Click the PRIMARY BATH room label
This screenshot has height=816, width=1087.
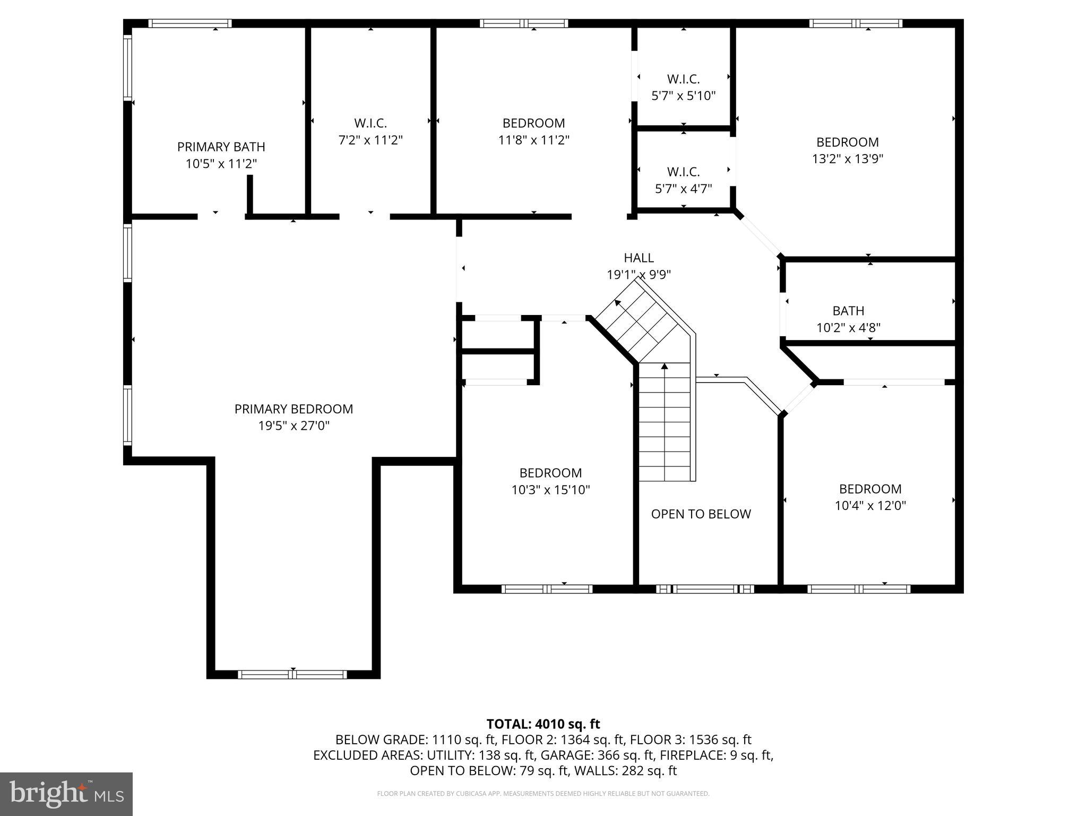tap(221, 147)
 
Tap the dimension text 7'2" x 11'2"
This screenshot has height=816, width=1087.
tap(370, 140)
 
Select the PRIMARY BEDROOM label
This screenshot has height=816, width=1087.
tap(294, 409)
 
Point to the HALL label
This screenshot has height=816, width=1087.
tap(639, 258)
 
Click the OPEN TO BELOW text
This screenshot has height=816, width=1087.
tap(701, 514)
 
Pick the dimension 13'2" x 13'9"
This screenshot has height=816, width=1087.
tap(847, 159)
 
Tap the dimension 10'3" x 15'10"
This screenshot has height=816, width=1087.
tap(550, 490)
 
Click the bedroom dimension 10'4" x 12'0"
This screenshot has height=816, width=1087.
tap(870, 506)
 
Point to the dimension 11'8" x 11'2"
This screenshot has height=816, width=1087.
tap(533, 140)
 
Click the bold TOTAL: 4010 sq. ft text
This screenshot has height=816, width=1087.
tap(543, 724)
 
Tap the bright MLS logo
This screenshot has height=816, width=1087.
tap(66, 794)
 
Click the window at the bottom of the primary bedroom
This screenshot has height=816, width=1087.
tap(292, 675)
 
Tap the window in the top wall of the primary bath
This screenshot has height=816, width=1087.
tap(189, 23)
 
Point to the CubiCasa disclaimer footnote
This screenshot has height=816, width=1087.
tap(543, 794)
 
